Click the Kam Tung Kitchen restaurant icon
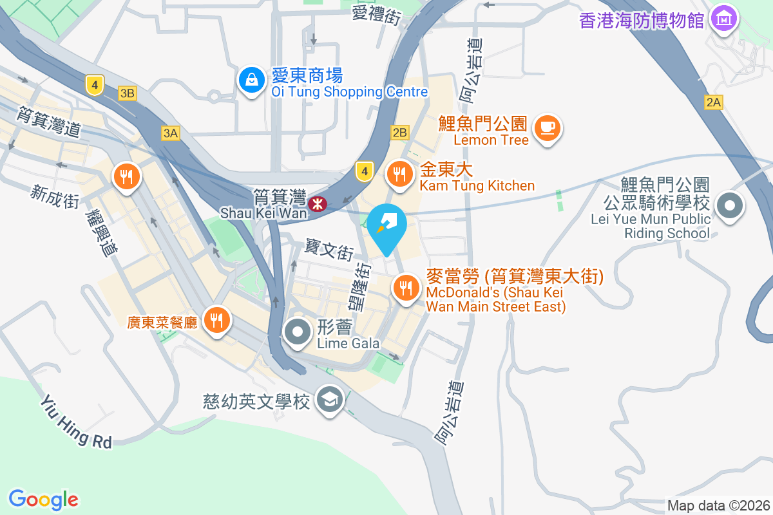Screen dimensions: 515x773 [400, 173]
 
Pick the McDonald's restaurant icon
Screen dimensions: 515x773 [405, 288]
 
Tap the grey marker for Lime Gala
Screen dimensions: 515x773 [298, 333]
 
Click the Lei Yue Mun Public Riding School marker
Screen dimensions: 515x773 [730, 207]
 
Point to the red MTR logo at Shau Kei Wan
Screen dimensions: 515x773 [317, 205]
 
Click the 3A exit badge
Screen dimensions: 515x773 [170, 133]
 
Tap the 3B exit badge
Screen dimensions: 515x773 [128, 94]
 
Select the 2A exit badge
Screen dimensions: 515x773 [713, 102]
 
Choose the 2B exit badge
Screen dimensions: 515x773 [399, 133]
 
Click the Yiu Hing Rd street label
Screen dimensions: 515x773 [76, 422]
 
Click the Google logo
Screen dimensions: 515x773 [44, 499]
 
